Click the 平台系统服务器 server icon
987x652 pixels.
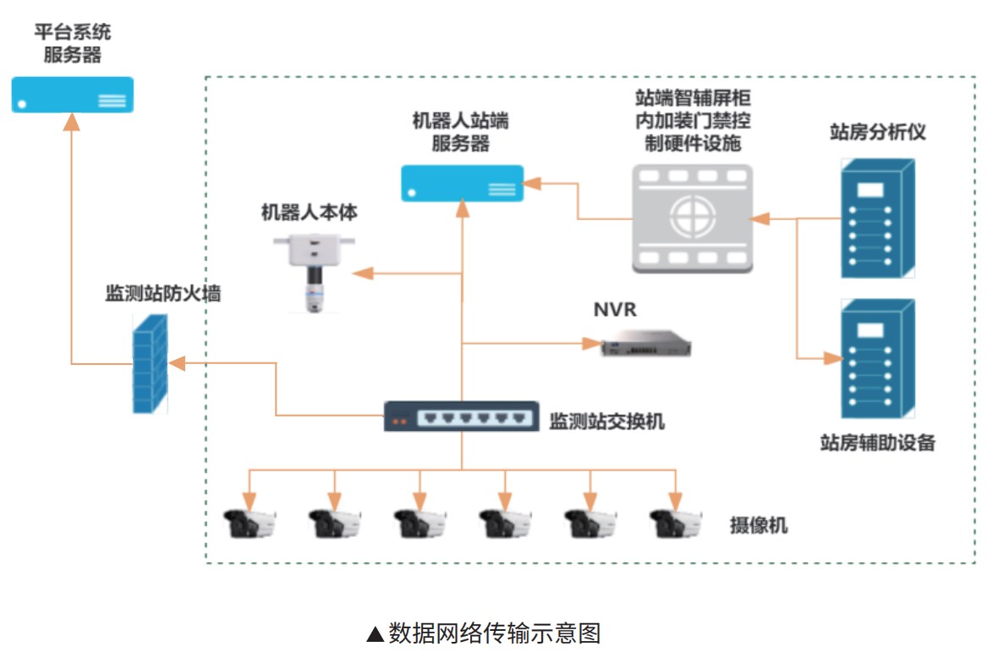coord(72,95)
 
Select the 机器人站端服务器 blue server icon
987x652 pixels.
coord(462,183)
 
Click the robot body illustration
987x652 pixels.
coord(314,271)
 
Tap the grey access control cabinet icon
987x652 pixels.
coord(692,218)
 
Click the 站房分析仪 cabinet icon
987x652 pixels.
coord(877,218)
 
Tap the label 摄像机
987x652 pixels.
coord(759,525)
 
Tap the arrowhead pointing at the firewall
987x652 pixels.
coord(177,362)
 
